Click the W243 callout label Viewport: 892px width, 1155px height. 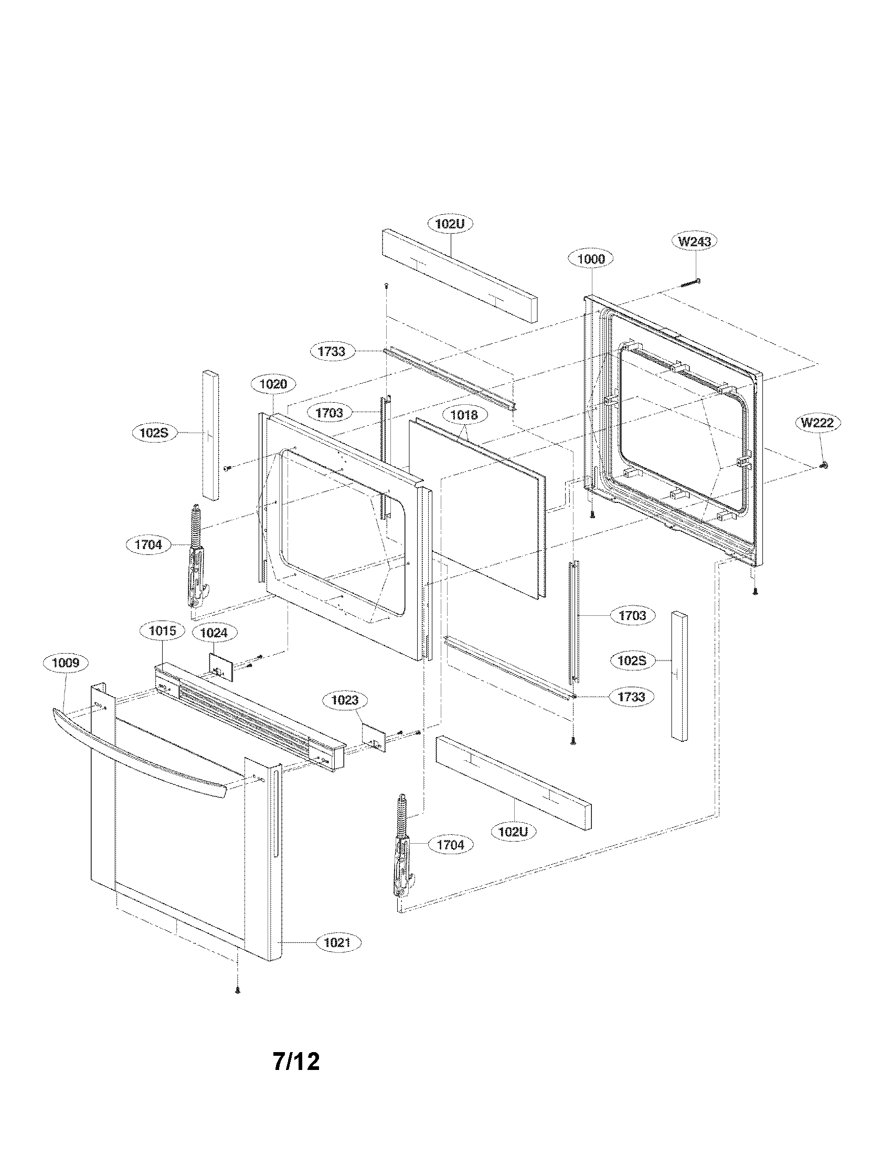(694, 241)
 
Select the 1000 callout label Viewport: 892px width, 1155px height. (591, 259)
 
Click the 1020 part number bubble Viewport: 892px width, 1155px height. (273, 384)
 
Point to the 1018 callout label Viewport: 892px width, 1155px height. (464, 415)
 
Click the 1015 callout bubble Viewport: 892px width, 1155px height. (162, 631)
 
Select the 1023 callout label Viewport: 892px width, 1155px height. (345, 700)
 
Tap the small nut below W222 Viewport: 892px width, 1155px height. (823, 465)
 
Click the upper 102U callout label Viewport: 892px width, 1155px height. (450, 224)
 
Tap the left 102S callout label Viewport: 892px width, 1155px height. (153, 433)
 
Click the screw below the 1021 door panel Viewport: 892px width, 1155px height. (237, 991)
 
